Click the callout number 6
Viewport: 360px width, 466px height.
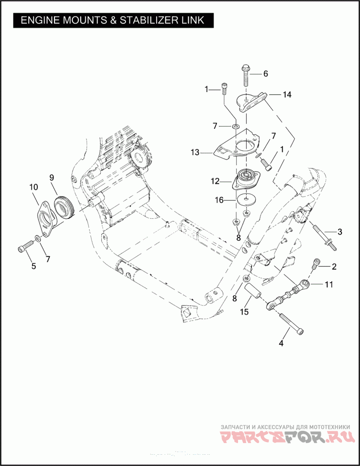point(265,73)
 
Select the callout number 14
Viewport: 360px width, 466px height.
point(287,95)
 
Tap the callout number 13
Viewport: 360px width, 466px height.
point(194,153)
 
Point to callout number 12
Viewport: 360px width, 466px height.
point(215,181)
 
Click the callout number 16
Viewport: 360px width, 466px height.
point(219,200)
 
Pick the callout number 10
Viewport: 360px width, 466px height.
point(33,187)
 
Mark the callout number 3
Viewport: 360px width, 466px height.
point(340,232)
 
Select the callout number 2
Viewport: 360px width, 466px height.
point(334,267)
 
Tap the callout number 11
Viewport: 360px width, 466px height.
point(329,285)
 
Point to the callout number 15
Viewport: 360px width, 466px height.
point(244,312)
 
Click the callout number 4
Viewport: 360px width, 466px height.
point(281,343)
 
